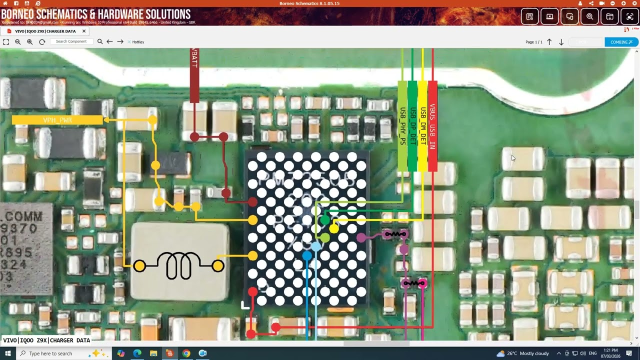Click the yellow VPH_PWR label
click(57, 120)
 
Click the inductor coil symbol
click(178, 265)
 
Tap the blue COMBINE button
click(621, 42)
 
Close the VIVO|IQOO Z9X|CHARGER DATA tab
click(84, 31)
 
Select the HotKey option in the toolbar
click(137, 42)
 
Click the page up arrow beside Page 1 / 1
click(549, 42)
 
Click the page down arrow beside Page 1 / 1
click(561, 42)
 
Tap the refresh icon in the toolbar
click(42, 42)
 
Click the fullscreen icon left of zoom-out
click(6, 42)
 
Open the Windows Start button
click(8, 353)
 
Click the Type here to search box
click(55, 353)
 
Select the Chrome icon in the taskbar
click(186, 353)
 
